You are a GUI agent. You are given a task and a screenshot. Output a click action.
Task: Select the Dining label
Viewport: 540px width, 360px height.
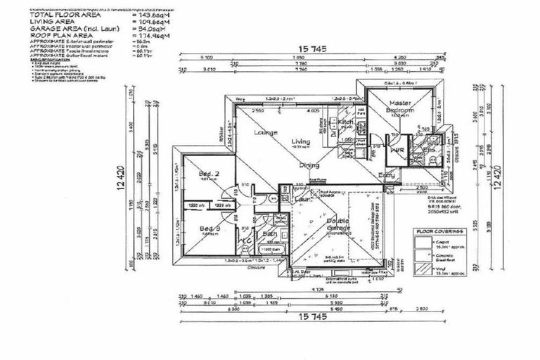[310, 165]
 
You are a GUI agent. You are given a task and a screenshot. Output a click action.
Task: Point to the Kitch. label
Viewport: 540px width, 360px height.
[345, 122]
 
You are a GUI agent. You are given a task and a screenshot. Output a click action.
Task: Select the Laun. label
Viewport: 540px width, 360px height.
[304, 200]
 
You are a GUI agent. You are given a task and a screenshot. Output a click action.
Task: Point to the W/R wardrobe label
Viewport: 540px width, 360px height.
[397, 150]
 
